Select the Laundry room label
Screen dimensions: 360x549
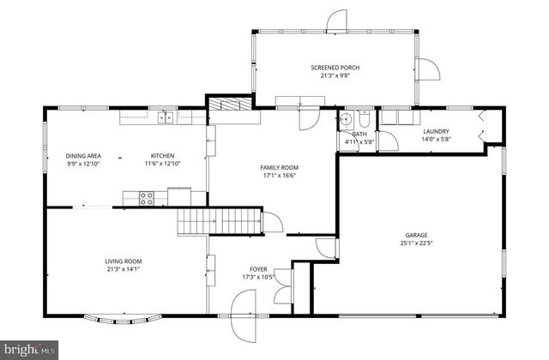(436, 131)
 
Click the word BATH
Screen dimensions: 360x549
(359, 135)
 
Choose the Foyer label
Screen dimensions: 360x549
(257, 269)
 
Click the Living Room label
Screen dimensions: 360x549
(124, 261)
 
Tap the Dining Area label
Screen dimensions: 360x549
(83, 156)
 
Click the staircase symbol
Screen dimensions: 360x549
(219, 221)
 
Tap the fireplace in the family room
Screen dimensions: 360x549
(232, 105)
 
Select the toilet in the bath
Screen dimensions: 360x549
(364, 118)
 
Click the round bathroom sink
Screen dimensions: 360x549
(346, 119)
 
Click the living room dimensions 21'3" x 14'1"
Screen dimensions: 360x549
(124, 269)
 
